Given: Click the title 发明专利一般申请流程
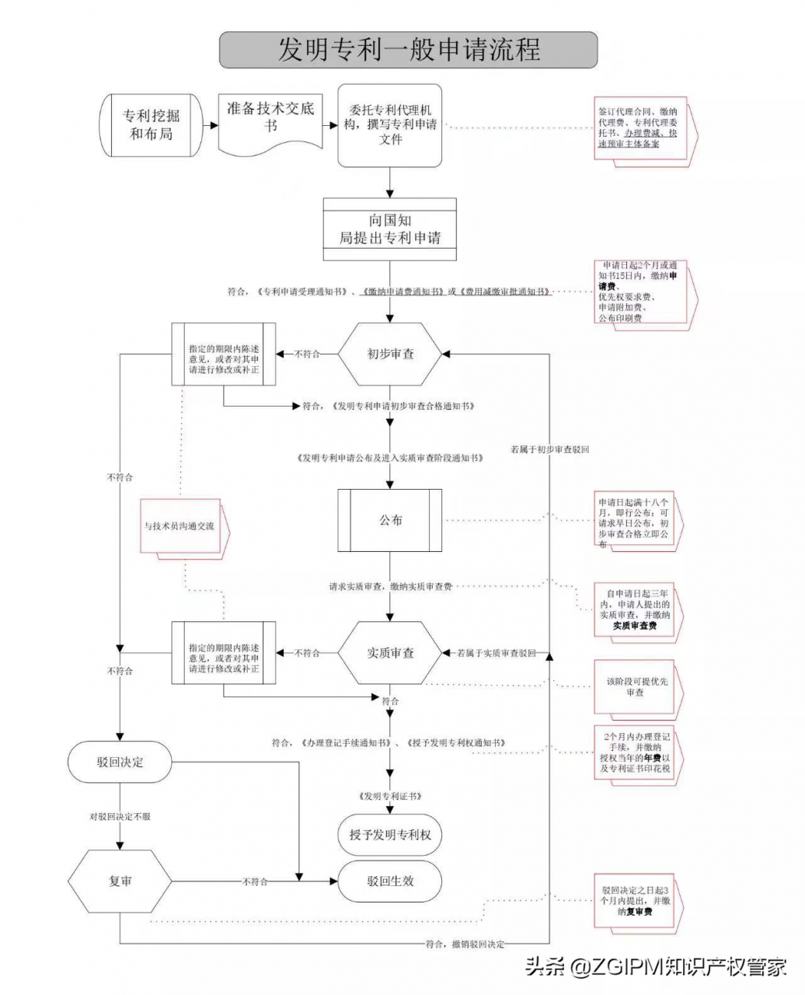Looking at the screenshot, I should pyautogui.click(x=408, y=50).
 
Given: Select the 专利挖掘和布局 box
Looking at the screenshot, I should pyautogui.click(x=151, y=125).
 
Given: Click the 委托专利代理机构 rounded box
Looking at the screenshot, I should pyautogui.click(x=390, y=125).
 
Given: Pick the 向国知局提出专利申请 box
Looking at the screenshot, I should pyautogui.click(x=390, y=229).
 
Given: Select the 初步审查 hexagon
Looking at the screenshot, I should pyautogui.click(x=390, y=354).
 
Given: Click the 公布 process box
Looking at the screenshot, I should pyautogui.click(x=390, y=520).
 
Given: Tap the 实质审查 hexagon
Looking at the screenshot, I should pyautogui.click(x=390, y=653).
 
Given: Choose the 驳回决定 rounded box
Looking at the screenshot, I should pyautogui.click(x=120, y=762).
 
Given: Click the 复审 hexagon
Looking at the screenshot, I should pyautogui.click(x=120, y=882).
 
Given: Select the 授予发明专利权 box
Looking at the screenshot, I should pyautogui.click(x=390, y=835).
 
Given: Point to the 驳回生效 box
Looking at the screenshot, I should pyautogui.click(x=390, y=882).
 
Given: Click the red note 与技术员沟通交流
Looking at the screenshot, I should pyautogui.click(x=179, y=526).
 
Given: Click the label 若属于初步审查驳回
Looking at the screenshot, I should pyautogui.click(x=549, y=449).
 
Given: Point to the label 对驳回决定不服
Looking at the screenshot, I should pyautogui.click(x=120, y=817).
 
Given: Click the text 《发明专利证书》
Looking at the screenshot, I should pyautogui.click(x=390, y=797).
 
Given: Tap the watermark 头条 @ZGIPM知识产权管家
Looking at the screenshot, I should pyautogui.click(x=657, y=966).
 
